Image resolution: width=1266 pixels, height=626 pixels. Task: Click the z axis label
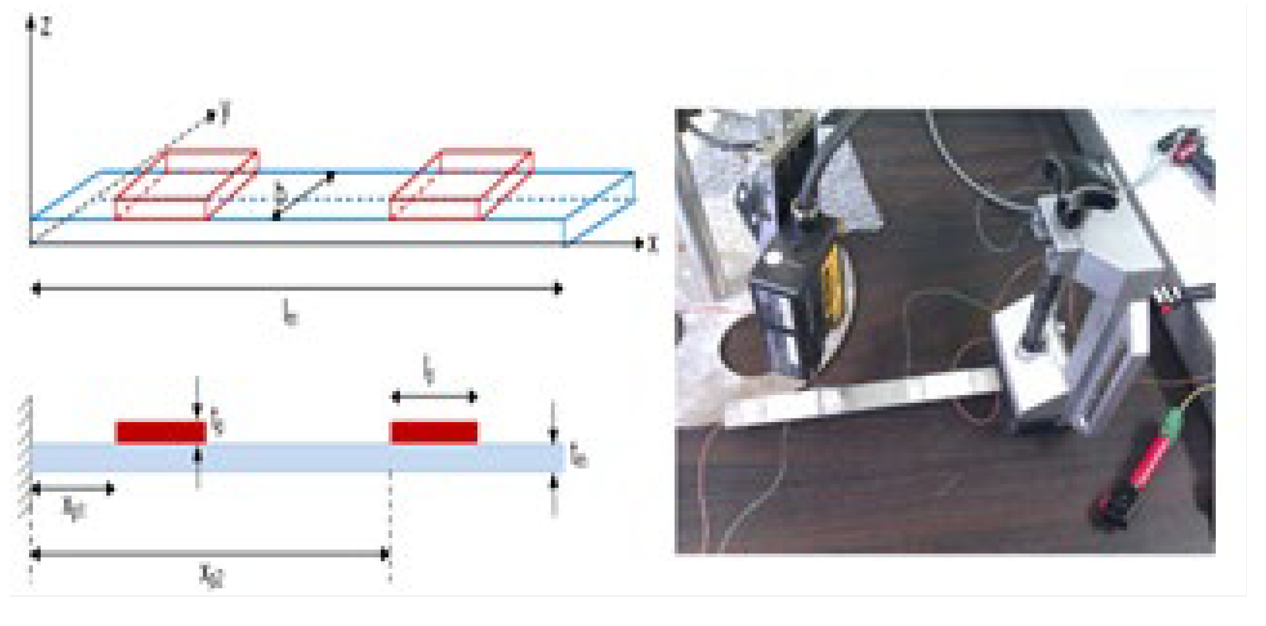(x=46, y=28)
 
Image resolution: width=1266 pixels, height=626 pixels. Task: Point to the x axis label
(x=652, y=245)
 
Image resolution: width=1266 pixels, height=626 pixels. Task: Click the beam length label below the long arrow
(x=289, y=313)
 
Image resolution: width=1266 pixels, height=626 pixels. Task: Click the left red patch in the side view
(x=161, y=432)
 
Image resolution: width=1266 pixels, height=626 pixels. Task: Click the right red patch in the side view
(x=434, y=432)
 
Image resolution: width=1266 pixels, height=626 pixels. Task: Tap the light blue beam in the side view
(x=297, y=457)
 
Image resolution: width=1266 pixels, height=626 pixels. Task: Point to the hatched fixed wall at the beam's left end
(x=24, y=457)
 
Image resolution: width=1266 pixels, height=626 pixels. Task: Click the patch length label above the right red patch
(x=429, y=369)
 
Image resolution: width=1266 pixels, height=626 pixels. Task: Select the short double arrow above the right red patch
(x=434, y=397)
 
